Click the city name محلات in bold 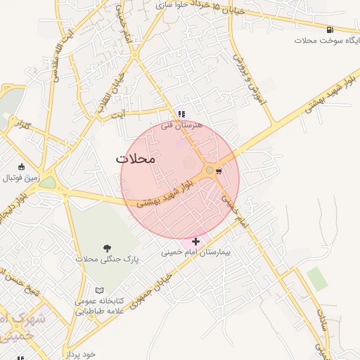135,159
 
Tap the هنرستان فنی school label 181,126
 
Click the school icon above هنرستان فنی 181,114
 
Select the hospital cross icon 195,241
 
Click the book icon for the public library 99,290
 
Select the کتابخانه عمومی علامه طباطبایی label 99,305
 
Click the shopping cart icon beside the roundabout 219,170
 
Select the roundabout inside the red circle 210,170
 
